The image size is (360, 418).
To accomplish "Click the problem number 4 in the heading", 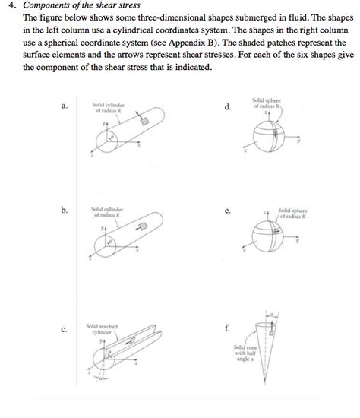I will tap(7, 6).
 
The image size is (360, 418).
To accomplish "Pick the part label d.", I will tap(228, 107).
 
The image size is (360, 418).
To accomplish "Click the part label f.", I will tap(227, 328).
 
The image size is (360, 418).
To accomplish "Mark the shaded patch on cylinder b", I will tap(141, 226).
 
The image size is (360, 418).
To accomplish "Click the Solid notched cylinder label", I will tap(101, 328).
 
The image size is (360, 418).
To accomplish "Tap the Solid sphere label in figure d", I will tap(269, 103).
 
